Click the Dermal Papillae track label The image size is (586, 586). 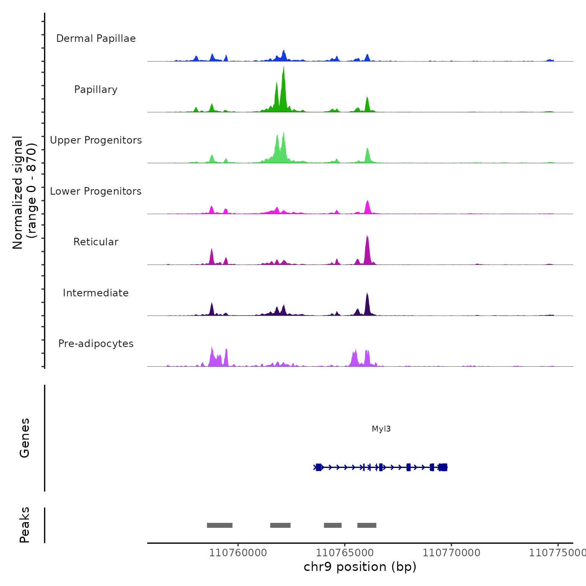pos(96,39)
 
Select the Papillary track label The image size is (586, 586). pos(96,90)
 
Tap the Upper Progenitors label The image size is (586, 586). pos(96,140)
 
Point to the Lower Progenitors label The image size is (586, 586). pos(96,191)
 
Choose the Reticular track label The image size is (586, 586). pos(96,242)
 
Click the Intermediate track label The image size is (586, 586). pos(96,293)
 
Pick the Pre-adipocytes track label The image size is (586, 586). pos(96,344)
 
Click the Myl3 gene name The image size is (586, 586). pos(381,429)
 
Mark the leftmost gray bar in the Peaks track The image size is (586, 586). pos(219,525)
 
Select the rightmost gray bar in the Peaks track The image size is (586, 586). pos(367,525)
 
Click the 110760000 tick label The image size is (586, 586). pos(238,553)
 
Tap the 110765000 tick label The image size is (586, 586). pos(344,553)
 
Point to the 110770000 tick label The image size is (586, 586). pos(451,553)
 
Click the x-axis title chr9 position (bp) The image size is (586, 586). pos(360,567)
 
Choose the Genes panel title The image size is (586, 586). pos(25,438)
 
